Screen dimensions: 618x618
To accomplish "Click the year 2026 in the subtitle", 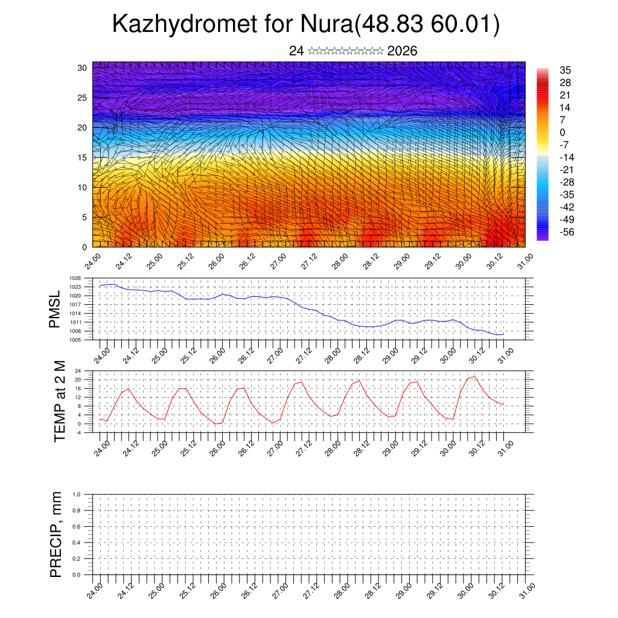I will [x=403, y=51].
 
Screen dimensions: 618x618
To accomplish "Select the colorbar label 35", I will [x=565, y=71].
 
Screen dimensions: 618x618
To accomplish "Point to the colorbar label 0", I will [x=562, y=133].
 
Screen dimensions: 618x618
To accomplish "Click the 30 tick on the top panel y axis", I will [x=83, y=68].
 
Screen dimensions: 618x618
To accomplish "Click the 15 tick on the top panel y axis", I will [x=83, y=158].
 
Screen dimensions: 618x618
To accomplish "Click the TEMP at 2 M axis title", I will [x=59, y=401].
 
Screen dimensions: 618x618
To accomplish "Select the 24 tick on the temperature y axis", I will [x=94, y=371].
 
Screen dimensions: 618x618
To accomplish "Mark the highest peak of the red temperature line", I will [x=474, y=377].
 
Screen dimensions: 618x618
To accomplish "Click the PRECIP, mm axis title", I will [x=56, y=534].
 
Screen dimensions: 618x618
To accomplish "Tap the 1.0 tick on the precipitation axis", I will [x=84, y=494].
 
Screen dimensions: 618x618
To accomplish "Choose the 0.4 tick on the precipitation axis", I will [x=84, y=543].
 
